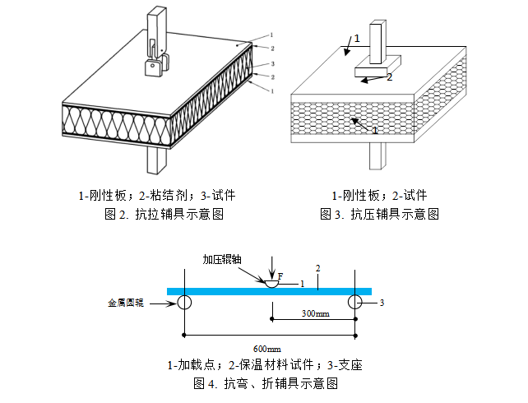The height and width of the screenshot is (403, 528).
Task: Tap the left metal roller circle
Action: [183, 303]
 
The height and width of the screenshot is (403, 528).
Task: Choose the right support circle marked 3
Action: [355, 303]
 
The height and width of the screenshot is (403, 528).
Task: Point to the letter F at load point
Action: [280, 276]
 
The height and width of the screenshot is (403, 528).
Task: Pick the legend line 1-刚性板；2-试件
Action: [379, 196]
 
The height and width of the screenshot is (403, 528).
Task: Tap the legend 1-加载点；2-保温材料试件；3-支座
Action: [265, 366]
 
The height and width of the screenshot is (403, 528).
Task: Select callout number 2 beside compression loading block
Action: [390, 77]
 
